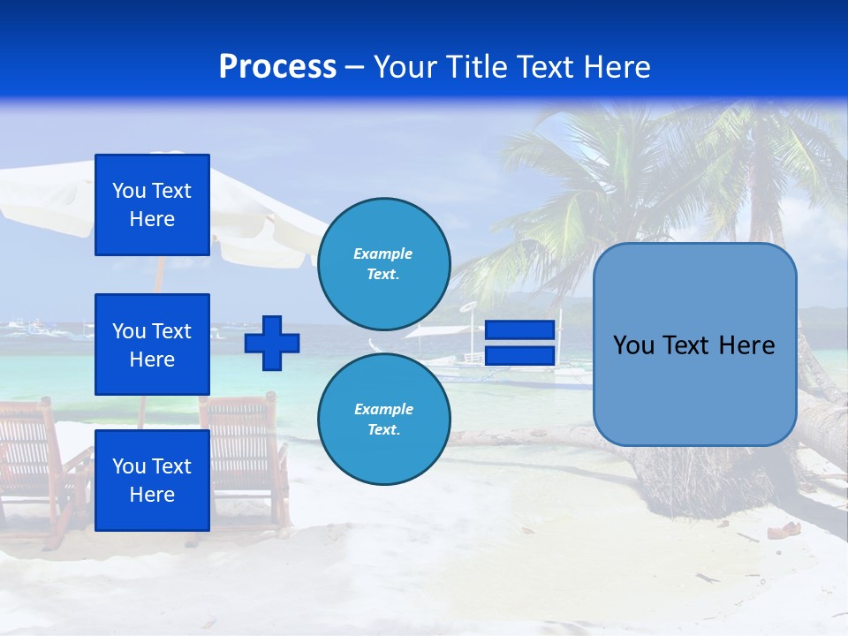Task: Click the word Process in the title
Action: coord(277,67)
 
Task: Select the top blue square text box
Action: coord(152,205)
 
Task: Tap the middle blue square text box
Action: coord(152,344)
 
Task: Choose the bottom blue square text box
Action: coord(152,481)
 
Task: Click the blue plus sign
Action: coord(272,343)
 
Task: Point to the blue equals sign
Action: coord(520,343)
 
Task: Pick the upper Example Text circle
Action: coord(384,264)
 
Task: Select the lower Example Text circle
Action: coord(384,420)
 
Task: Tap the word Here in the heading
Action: coord(618,67)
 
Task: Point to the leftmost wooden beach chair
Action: coord(35,459)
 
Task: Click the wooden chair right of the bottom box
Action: coord(247,450)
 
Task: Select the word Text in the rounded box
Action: coord(693,345)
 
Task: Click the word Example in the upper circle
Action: coord(383,254)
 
